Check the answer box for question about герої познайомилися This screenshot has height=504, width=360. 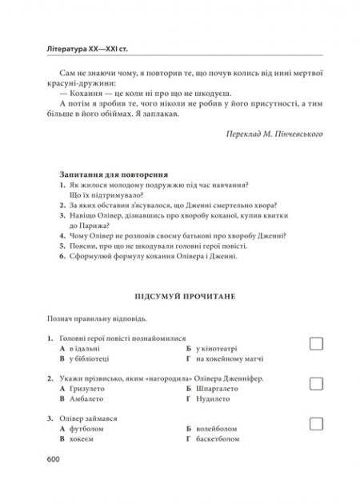click(316, 343)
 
